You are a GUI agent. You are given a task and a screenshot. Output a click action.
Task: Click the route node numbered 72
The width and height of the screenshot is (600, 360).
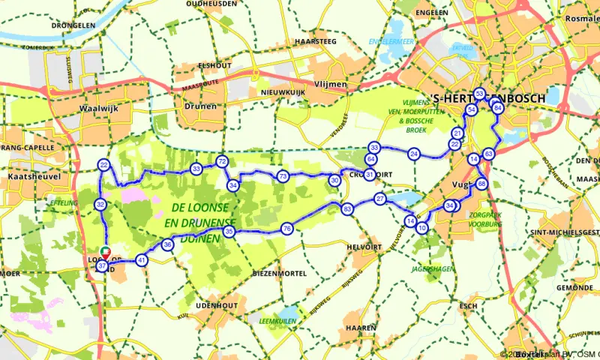[221, 161]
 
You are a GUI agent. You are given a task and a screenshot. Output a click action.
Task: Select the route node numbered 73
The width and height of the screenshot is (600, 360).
[283, 176]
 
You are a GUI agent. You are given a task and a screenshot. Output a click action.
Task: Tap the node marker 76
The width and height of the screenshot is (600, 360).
[286, 228]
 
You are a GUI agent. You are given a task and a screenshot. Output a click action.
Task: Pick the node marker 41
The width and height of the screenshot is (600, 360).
[142, 260]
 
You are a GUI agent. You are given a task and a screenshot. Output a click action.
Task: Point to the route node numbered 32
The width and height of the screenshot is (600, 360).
[100, 204]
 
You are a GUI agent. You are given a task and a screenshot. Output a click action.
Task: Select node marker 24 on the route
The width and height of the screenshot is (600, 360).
[413, 154]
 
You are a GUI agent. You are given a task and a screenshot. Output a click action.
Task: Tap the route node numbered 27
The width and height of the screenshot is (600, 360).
[380, 199]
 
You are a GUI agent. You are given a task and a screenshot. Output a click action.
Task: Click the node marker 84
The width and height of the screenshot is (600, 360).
[497, 109]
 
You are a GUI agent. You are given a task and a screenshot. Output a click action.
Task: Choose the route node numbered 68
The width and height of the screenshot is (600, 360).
[481, 184]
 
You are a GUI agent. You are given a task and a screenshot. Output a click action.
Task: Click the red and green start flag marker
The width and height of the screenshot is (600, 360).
[106, 252]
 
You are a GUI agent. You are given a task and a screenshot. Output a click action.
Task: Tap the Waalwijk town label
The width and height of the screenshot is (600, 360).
[95, 107]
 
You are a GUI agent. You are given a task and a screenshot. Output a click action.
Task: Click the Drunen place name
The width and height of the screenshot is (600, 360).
[200, 106]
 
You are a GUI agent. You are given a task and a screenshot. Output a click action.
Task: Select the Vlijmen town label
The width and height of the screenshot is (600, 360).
[331, 85]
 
